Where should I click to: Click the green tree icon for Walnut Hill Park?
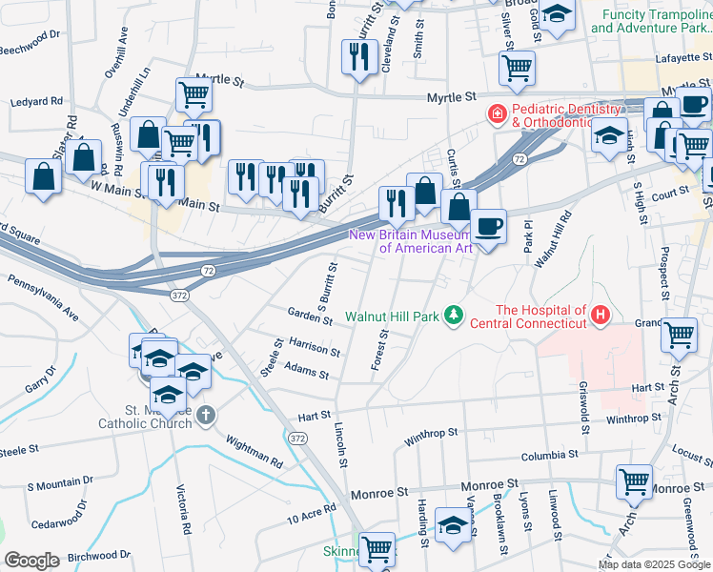pos(455,316)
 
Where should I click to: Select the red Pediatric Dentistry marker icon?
pos(497,115)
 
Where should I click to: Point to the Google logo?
pos(32,560)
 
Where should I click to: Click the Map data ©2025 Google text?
pos(653,564)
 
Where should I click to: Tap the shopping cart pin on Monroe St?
pos(634,483)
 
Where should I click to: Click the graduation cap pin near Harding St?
pos(453,525)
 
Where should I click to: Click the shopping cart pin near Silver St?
pos(517,68)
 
